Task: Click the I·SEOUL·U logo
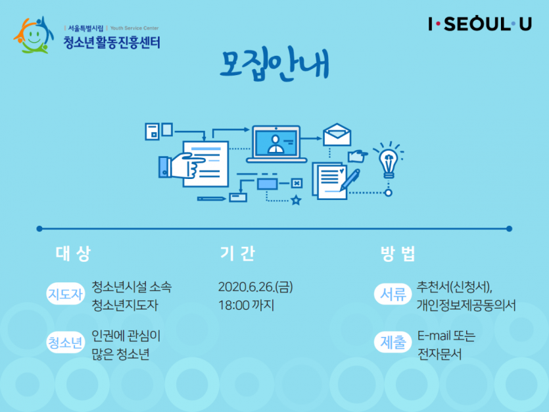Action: [480, 24]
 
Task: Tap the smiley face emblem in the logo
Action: [34, 35]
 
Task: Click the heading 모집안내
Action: [274, 64]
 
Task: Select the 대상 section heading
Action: [73, 253]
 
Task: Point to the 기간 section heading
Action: [237, 253]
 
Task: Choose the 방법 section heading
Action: [398, 253]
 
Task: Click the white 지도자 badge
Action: [66, 294]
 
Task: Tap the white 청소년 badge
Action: [66, 342]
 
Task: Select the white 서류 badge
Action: [393, 294]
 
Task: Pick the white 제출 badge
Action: [393, 342]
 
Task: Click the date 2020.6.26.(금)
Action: [256, 287]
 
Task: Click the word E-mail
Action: [434, 336]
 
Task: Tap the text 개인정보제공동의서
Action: [466, 305]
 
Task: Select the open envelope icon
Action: [337, 134]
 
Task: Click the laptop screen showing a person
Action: [276, 143]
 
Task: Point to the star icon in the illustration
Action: [296, 200]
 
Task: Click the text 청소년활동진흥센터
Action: [112, 42]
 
